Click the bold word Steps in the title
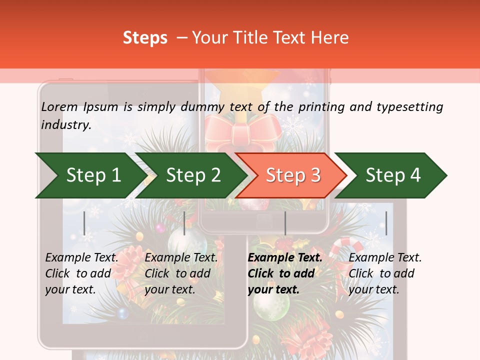145,38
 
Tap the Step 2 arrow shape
190,175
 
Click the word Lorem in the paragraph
59,106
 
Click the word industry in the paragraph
65,125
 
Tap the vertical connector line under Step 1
84,223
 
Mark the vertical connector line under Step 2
184,223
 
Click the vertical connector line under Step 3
285,223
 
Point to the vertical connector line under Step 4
386,223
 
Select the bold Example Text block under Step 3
284,273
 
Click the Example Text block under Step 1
81,273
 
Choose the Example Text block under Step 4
385,273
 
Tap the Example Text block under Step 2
181,273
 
